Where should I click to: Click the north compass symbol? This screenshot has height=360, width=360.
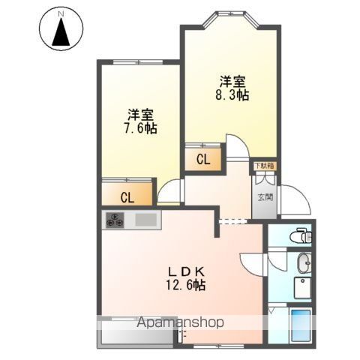[60, 31]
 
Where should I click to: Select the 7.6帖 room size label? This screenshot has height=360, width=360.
[140, 122]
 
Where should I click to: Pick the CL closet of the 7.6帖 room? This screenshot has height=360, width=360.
[127, 197]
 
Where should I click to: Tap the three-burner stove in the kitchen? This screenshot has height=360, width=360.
[116, 220]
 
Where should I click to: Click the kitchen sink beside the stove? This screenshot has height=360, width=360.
[145, 220]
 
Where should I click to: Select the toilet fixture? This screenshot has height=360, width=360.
[299, 235]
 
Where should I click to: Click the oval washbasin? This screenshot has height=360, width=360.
[302, 263]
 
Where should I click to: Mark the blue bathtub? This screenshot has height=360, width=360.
[301, 325]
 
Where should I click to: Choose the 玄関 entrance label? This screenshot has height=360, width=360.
[265, 198]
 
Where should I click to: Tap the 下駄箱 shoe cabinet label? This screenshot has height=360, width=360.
[263, 165]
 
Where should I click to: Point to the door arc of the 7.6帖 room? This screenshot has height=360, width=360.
[169, 192]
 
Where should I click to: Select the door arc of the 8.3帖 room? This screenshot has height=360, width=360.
[237, 145]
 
